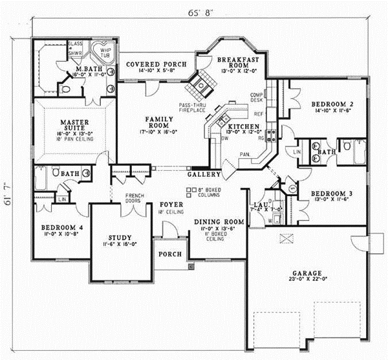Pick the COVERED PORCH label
(156, 64)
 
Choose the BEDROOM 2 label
(331, 104)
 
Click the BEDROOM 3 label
(331, 193)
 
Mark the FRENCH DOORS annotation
(134, 198)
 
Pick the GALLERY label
(204, 175)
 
